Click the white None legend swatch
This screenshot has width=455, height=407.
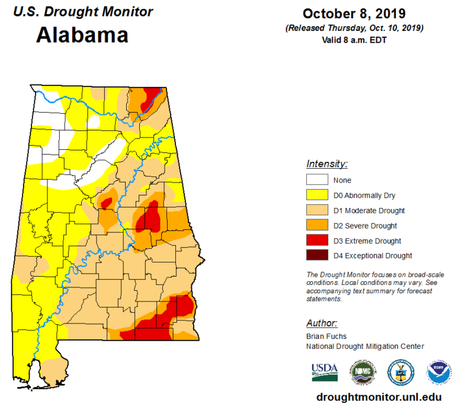pyautogui.click(x=316, y=180)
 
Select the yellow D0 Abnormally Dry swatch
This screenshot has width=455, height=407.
pyautogui.click(x=316, y=195)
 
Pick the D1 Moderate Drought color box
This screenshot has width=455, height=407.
pyautogui.click(x=316, y=210)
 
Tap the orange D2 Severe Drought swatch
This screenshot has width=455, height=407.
pyautogui.click(x=316, y=226)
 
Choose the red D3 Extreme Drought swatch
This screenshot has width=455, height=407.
pyautogui.click(x=316, y=241)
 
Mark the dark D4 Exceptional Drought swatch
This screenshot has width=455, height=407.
pyautogui.click(x=316, y=256)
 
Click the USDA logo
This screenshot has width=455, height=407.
pyautogui.click(x=324, y=372)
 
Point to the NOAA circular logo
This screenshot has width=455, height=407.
pyautogui.click(x=438, y=372)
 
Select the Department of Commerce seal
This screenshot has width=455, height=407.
pyautogui.click(x=400, y=372)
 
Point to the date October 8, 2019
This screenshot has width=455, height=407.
pyautogui.click(x=354, y=14)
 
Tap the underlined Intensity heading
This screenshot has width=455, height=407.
pyautogui.click(x=326, y=164)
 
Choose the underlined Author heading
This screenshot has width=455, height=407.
pyautogui.click(x=322, y=323)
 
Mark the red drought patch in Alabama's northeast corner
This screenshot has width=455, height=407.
pyautogui.click(x=152, y=97)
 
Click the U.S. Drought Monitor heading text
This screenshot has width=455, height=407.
pyautogui.click(x=83, y=12)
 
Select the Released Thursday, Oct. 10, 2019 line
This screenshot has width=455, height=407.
pyautogui.click(x=354, y=27)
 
